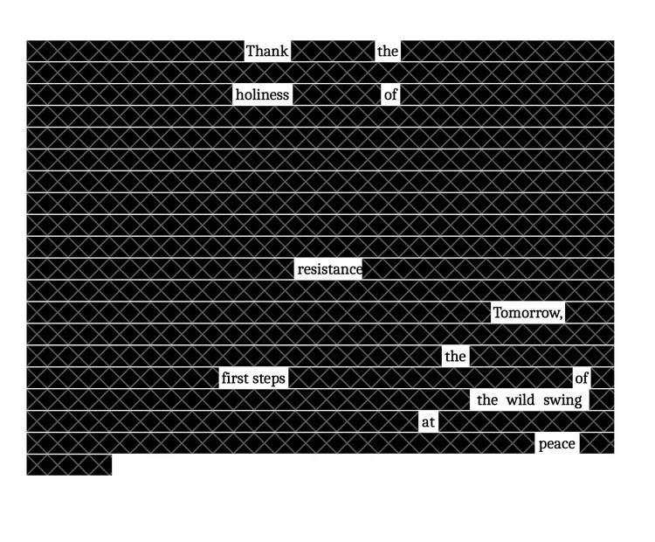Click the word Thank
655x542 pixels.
pos(266,51)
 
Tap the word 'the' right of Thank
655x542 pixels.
pos(388,51)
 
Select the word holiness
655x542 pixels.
pos(262,94)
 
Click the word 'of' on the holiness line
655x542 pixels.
pos(390,94)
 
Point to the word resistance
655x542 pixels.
pos(329,269)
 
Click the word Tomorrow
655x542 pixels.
pos(527,313)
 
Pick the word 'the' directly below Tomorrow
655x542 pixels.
pos(455,357)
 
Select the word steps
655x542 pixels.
pos(270,379)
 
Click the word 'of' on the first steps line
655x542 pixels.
pos(582,379)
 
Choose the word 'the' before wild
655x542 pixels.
pos(487,400)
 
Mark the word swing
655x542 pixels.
pos(562,400)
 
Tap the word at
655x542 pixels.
pos(428,422)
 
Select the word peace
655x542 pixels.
pos(556,444)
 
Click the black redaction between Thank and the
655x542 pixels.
pos(333,51)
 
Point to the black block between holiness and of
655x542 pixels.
pos(336,94)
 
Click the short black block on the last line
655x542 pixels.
pos(69,465)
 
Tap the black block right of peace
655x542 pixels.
pos(596,444)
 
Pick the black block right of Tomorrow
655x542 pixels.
pos(589,313)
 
